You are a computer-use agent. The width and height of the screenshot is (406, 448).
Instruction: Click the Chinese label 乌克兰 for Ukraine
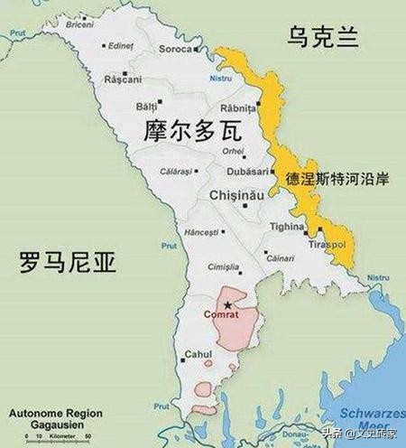pyautogui.click(x=322, y=37)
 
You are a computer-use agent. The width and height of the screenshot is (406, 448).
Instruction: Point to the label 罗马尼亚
pyautogui.click(x=70, y=263)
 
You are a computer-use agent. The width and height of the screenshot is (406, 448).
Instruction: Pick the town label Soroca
pyautogui.click(x=175, y=49)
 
